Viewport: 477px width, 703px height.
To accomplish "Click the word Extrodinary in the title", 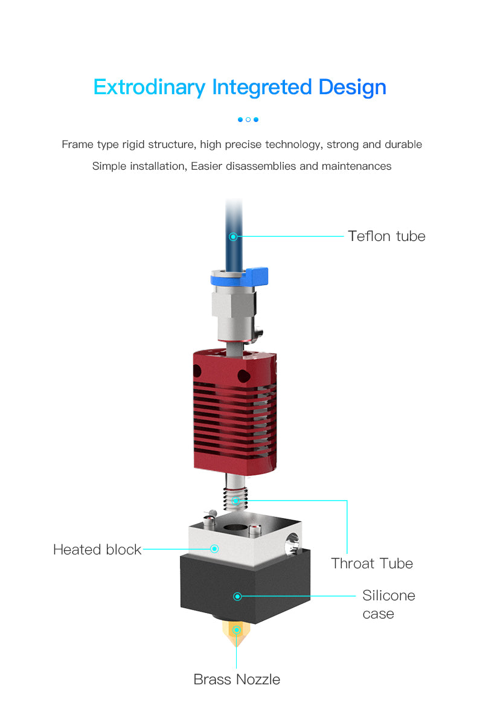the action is (x=149, y=88).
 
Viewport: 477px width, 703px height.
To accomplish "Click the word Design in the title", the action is (x=353, y=88).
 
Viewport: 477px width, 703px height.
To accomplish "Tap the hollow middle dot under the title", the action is (x=248, y=120).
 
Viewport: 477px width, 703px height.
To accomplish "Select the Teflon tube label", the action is (x=386, y=236).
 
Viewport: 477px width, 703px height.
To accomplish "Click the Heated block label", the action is (x=97, y=550).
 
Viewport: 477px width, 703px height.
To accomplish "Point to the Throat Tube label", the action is (x=372, y=563).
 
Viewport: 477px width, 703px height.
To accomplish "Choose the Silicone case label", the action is (x=389, y=605).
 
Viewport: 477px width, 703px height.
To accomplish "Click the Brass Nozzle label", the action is (x=237, y=679).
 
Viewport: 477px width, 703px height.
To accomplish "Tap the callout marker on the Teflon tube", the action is (x=233, y=236).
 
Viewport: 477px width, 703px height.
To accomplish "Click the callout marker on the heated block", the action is (x=214, y=549).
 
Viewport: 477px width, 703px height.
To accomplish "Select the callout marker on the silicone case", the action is (x=238, y=596).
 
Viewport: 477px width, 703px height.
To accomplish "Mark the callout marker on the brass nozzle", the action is (x=236, y=631).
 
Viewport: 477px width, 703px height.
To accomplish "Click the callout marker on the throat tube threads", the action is (x=236, y=500).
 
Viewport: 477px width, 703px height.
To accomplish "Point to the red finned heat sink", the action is (x=235, y=411).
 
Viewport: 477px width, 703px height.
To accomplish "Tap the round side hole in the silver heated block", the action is (x=293, y=542).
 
